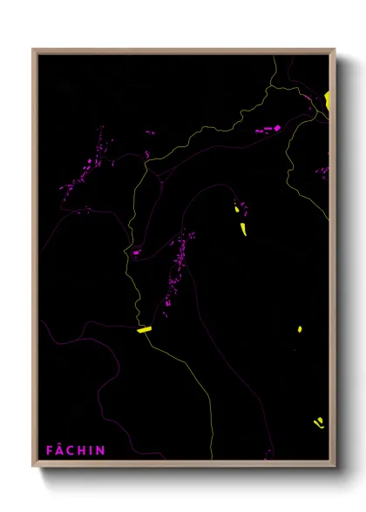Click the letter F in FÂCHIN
[x=50, y=450]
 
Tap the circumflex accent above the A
[x=60, y=444]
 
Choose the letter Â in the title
[x=60, y=450]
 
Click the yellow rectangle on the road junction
[x=144, y=329]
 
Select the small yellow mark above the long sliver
[x=237, y=208]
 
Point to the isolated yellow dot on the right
[x=299, y=329]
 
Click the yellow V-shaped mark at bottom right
[x=319, y=423]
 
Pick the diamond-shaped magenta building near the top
[x=278, y=128]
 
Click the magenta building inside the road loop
[x=137, y=253]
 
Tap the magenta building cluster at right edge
[x=322, y=172]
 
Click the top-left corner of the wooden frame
[x=33, y=50]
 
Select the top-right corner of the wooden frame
[x=335, y=50]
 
